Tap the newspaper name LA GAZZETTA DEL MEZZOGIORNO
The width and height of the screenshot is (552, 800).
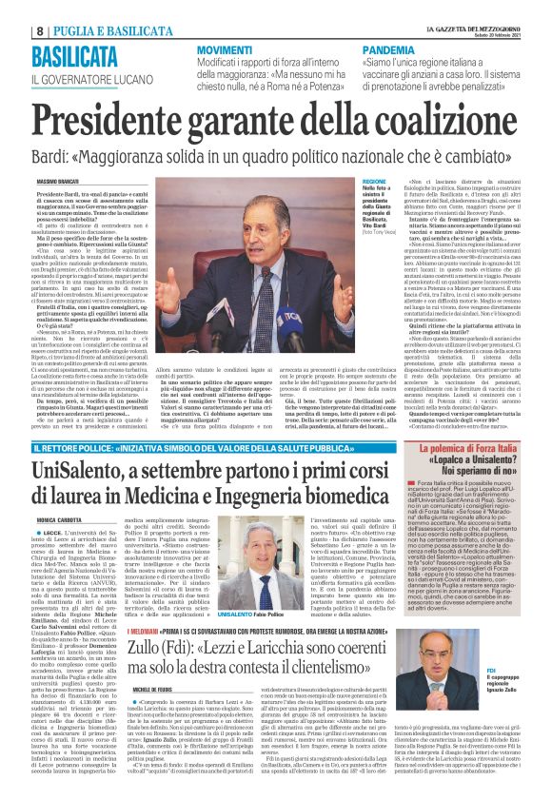[474, 6]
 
